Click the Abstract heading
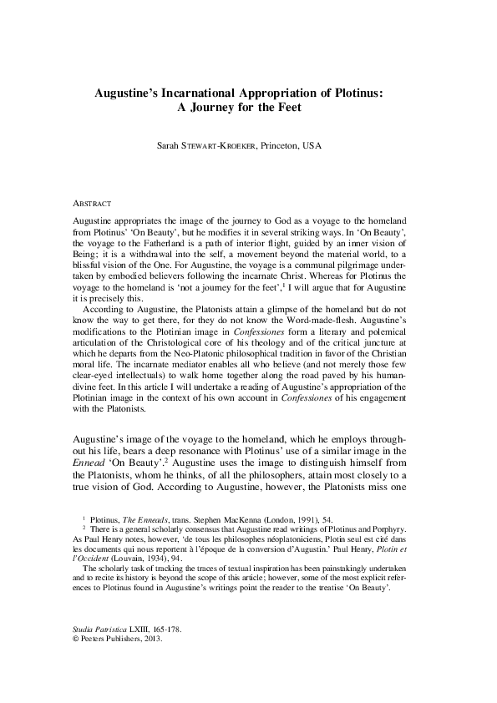click(86, 203)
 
